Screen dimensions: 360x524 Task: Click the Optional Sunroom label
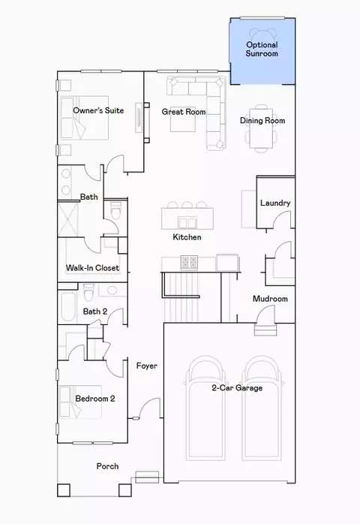262,49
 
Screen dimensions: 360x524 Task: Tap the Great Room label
184,112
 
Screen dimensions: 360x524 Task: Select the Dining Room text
262,121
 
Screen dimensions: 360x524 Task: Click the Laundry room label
275,203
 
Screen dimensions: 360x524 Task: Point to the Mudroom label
270,299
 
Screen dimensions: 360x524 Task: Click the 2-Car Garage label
237,387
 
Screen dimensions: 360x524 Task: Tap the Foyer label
146,366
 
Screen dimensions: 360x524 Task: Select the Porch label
107,466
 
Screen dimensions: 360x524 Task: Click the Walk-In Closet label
92,268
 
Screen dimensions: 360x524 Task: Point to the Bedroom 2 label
95,399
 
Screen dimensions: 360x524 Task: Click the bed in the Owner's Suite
85,118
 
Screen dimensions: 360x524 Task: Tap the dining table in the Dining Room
261,128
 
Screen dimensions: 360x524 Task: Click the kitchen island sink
187,222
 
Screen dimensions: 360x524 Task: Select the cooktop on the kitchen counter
189,262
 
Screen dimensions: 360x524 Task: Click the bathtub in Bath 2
68,307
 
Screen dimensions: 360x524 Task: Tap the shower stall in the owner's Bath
68,219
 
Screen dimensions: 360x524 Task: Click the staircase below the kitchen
182,297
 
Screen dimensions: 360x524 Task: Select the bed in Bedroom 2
80,402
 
